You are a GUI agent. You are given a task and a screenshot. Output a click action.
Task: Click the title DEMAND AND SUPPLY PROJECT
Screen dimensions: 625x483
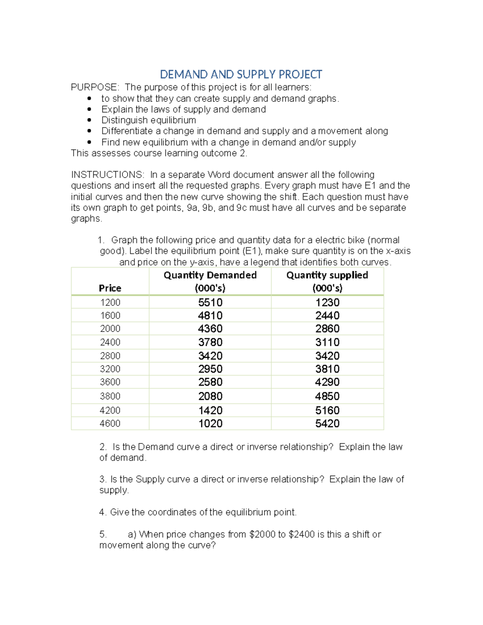241,74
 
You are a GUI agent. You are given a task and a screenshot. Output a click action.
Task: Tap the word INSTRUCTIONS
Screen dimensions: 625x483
107,175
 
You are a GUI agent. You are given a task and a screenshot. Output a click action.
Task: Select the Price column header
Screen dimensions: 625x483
110,288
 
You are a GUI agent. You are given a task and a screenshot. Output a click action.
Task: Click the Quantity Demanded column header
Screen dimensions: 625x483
210,281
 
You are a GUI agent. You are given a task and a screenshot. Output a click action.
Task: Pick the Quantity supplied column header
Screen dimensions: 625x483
327,281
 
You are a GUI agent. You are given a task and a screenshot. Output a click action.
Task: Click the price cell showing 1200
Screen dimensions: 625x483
110,303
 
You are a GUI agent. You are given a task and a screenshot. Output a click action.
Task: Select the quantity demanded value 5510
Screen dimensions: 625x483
210,303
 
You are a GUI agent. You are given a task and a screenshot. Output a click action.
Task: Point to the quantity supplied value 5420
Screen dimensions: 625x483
327,423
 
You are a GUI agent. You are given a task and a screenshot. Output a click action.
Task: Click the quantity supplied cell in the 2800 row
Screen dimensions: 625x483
327,356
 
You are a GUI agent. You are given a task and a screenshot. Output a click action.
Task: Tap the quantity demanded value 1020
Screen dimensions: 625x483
210,423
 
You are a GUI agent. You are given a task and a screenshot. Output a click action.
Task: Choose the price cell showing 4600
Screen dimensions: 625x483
110,423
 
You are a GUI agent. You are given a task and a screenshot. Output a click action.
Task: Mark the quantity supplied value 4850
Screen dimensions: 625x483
327,396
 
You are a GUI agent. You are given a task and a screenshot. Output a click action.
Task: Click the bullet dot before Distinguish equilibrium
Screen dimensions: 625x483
89,120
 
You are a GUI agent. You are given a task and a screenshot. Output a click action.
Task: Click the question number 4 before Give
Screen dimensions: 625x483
102,512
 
